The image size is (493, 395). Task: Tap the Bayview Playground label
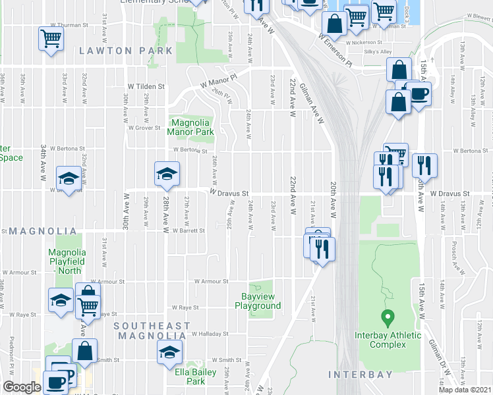coord(258,301)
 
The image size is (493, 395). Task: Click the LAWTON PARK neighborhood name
coord(126,51)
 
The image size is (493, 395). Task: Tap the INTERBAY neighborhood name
coord(360,375)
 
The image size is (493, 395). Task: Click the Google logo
coord(22,387)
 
